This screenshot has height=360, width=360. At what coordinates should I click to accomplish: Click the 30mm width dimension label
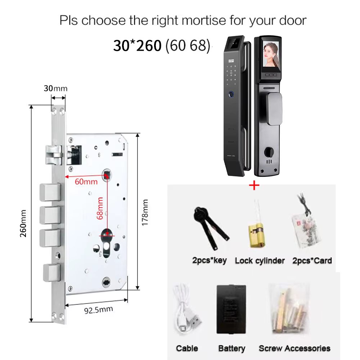point(55,89)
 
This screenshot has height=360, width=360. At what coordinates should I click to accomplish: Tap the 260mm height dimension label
point(23,224)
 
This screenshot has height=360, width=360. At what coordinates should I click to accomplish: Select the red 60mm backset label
point(86,182)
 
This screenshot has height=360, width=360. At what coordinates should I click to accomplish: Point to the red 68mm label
point(100,208)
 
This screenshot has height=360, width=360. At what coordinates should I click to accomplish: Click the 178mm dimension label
point(145,213)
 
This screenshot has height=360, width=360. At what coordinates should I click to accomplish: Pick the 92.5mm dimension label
point(99,310)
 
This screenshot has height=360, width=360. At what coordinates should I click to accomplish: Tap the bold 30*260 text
point(137,45)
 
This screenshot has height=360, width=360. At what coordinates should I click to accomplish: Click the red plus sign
point(254,185)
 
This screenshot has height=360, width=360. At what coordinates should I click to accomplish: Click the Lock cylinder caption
point(260,261)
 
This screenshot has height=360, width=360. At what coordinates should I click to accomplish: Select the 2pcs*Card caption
point(312,261)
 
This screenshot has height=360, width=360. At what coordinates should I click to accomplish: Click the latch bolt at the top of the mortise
point(54,155)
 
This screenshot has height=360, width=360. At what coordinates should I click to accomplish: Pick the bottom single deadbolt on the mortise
point(52,273)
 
